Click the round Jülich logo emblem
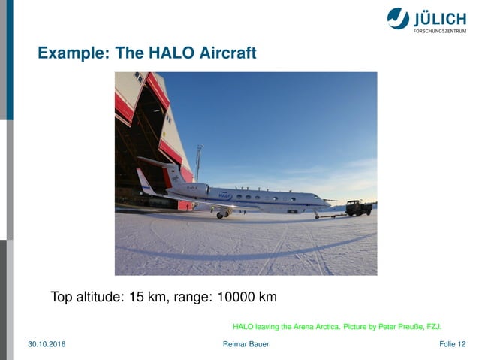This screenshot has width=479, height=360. click(x=398, y=18)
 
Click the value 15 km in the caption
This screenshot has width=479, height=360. click(x=149, y=297)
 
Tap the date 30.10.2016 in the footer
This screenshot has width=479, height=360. click(x=47, y=344)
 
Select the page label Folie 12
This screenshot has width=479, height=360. click(x=452, y=344)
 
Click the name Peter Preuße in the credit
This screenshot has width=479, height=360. click(x=399, y=327)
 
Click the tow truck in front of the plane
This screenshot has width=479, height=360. click(x=358, y=207)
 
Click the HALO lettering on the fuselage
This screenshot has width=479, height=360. click(x=224, y=195)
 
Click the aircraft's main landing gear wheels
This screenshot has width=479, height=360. click(x=221, y=215)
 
